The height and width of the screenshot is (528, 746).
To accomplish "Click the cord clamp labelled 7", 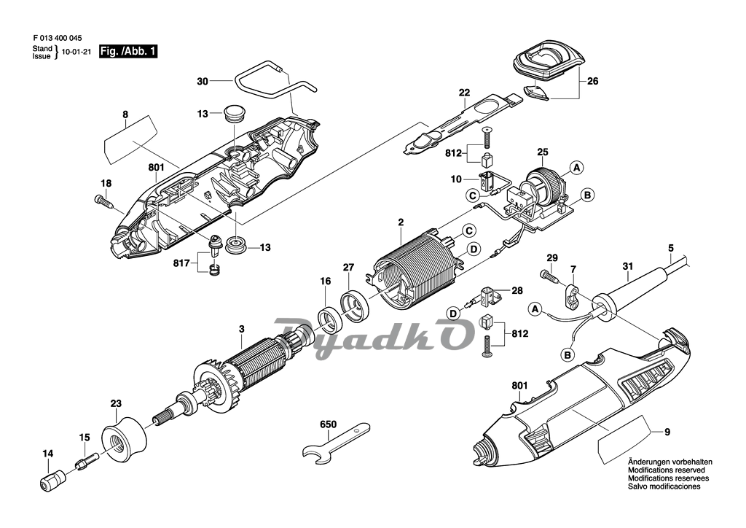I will point(573,296).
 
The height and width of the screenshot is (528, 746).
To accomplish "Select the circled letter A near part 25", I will point(576,167).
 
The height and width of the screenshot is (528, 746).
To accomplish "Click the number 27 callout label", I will point(348,267).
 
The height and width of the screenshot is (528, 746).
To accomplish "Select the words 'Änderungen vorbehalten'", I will point(670,462).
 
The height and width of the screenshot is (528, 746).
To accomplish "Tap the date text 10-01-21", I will point(76,52).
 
